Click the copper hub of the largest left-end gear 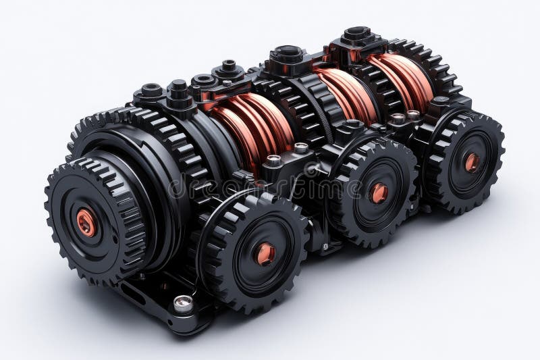pyautogui.click(x=86, y=222)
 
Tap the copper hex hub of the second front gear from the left pyautogui.click(x=265, y=253)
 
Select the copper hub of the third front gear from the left pyautogui.click(x=379, y=193)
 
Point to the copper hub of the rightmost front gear pyautogui.click(x=472, y=162)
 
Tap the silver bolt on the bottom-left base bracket pyautogui.click(x=182, y=303)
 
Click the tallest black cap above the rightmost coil pyautogui.click(x=356, y=35)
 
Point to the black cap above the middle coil pyautogui.click(x=286, y=55)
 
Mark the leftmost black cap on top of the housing pyautogui.click(x=151, y=91)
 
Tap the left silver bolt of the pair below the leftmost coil pyautogui.click(x=274, y=161)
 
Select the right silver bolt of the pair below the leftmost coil pyautogui.click(x=301, y=148)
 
